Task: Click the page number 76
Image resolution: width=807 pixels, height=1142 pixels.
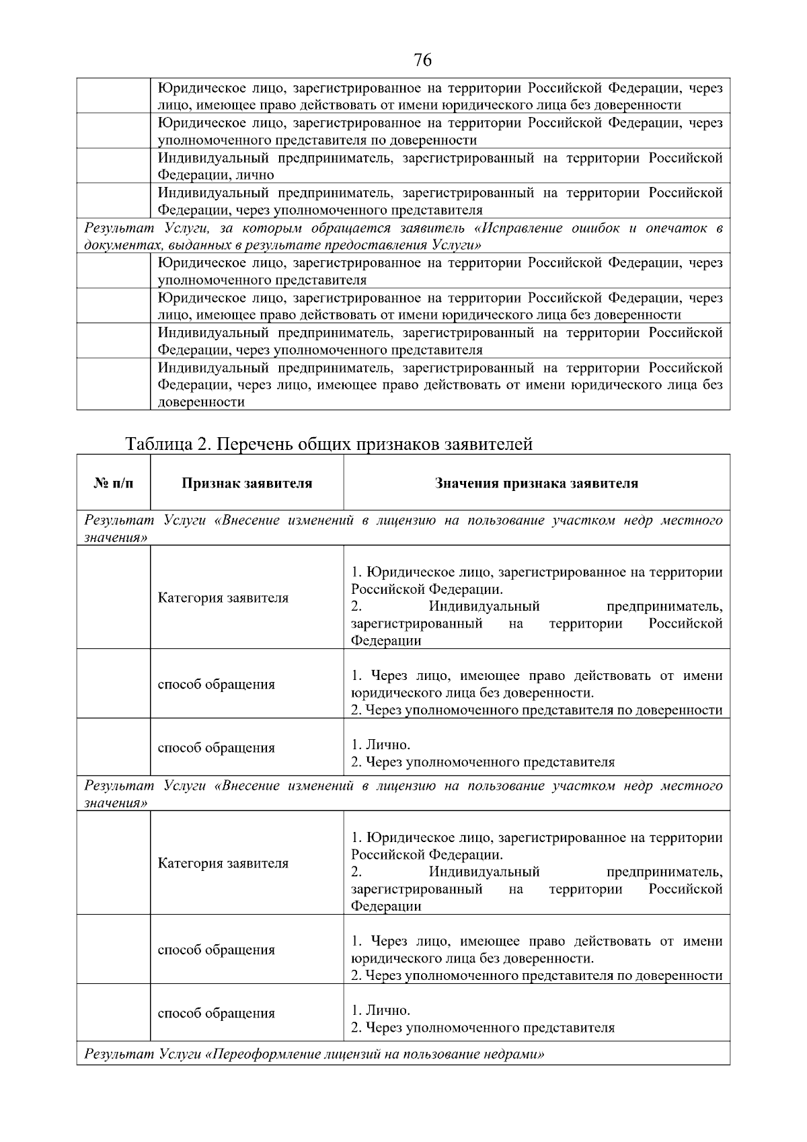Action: point(422,61)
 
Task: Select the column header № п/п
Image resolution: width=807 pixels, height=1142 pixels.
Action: point(113,483)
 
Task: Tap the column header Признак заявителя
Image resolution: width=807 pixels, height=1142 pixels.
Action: point(247,483)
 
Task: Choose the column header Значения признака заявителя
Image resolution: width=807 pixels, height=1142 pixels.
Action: point(536,483)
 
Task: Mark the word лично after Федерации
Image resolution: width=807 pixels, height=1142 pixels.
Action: point(256,175)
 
